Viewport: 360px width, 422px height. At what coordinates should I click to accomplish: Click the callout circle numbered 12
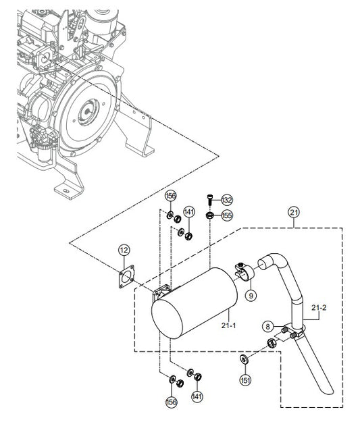124,250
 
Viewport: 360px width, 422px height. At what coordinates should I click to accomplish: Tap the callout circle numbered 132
227,201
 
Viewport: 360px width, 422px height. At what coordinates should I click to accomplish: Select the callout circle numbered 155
227,215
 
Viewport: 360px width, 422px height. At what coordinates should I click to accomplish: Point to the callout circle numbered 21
294,212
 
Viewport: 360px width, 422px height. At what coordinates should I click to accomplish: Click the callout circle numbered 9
251,296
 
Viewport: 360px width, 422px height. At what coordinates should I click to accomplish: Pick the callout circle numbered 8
267,327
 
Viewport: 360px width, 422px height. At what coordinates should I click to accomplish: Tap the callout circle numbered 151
245,380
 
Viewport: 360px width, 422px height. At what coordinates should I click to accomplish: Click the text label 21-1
228,325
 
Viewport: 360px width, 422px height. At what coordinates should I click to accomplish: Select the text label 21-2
319,307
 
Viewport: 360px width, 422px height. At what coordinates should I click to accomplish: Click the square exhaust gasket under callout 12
126,277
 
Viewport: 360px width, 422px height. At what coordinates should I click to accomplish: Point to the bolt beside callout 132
210,199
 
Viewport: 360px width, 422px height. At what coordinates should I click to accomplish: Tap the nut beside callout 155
210,215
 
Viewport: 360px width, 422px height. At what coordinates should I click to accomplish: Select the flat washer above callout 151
244,359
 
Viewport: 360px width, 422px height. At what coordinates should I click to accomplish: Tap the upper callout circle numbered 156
172,196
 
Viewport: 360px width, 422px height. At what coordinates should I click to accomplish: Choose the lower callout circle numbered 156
172,402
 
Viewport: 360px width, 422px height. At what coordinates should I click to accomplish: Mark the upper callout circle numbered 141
189,212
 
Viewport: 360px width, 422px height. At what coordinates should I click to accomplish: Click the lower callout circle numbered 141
197,396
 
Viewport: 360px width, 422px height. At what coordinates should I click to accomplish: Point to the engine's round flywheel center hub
88,111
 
